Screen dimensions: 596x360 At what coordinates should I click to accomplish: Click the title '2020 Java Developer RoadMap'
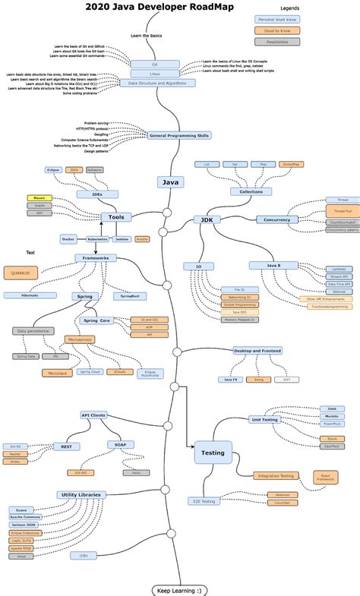click(x=159, y=7)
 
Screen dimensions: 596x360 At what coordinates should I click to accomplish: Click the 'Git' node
click(x=154, y=64)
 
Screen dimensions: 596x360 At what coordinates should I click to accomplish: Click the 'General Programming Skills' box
click(x=179, y=135)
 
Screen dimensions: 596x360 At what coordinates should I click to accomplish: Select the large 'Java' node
click(x=170, y=182)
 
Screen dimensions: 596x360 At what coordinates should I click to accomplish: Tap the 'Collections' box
click(x=251, y=191)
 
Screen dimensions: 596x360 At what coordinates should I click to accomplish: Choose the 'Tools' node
click(x=116, y=217)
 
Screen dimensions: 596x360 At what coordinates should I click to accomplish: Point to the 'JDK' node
click(x=205, y=219)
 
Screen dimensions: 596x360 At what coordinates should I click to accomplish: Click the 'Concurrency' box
click(x=278, y=219)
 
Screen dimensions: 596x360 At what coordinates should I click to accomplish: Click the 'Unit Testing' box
click(x=266, y=419)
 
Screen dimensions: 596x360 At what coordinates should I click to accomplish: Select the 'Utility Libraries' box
click(x=80, y=494)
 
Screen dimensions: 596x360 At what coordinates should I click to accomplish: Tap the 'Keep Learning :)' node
click(x=179, y=589)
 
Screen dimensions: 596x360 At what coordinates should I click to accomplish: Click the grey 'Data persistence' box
click(x=33, y=331)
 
